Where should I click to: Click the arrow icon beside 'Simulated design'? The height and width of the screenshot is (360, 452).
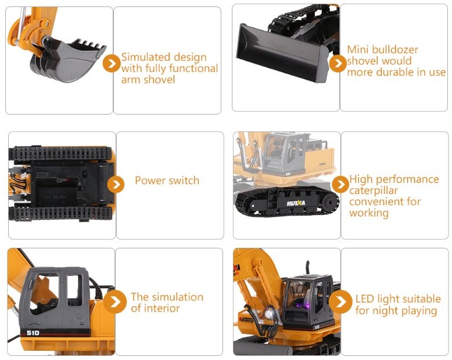click(112, 64)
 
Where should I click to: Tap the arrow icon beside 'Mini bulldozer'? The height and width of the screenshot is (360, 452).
click(338, 64)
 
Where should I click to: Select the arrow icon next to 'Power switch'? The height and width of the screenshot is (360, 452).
click(116, 184)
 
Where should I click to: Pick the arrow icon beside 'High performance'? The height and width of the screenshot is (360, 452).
click(340, 184)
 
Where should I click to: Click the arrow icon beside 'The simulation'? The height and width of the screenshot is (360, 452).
click(114, 302)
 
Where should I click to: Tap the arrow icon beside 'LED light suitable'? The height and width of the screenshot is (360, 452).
click(340, 302)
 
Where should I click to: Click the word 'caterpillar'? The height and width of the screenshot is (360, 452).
click(373, 191)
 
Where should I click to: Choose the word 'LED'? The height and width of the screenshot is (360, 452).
click(365, 299)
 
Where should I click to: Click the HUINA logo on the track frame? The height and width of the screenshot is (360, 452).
click(295, 203)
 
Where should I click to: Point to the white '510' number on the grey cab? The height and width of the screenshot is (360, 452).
click(33, 333)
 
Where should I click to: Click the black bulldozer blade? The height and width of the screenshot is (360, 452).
click(283, 53)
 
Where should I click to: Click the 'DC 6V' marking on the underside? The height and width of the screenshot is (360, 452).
click(60, 198)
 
